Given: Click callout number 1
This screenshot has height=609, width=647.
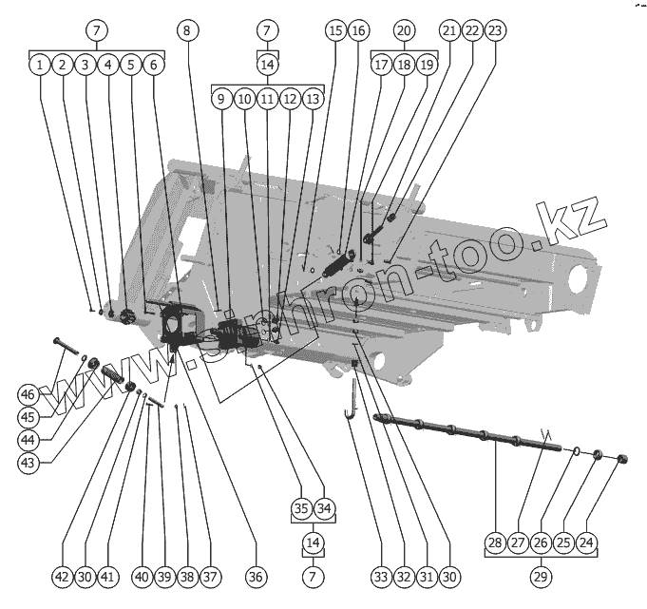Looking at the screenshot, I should [38, 66].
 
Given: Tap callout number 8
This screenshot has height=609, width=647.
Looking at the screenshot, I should [188, 30].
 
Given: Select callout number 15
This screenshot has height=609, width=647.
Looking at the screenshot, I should [334, 30].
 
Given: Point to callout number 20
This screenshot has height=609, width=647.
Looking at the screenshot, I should [404, 30].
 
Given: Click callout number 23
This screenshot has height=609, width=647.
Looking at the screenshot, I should [495, 30].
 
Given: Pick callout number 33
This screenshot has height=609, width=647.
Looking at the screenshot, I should [380, 577].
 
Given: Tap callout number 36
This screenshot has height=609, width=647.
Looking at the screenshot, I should [254, 577].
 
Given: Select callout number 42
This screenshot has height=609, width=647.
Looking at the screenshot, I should [62, 577].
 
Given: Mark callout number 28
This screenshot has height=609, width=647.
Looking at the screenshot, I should [494, 542].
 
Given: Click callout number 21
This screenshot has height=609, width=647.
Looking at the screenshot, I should [448, 30].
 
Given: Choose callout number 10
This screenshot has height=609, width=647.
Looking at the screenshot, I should [243, 98].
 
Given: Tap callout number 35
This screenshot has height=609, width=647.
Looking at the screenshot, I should [300, 508].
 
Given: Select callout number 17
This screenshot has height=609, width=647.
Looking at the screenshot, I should [380, 66].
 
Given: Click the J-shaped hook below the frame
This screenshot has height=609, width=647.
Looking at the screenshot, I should [351, 399].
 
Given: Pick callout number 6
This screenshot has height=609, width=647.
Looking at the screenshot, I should [154, 66].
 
